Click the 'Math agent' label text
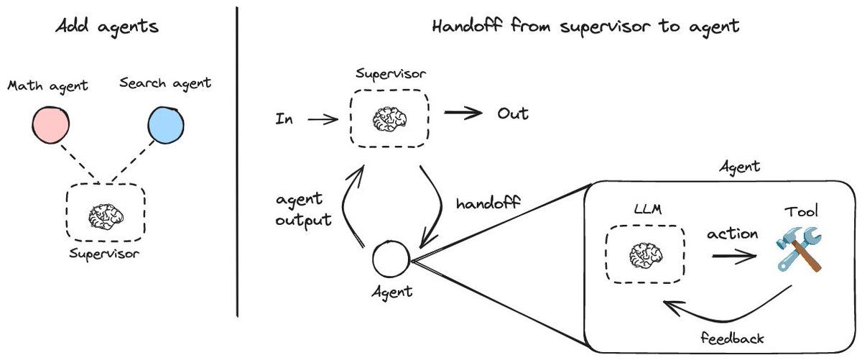tap(47, 86)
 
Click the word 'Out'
tap(513, 114)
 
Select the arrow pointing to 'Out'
tap(463, 114)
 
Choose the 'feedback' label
tap(733, 337)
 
